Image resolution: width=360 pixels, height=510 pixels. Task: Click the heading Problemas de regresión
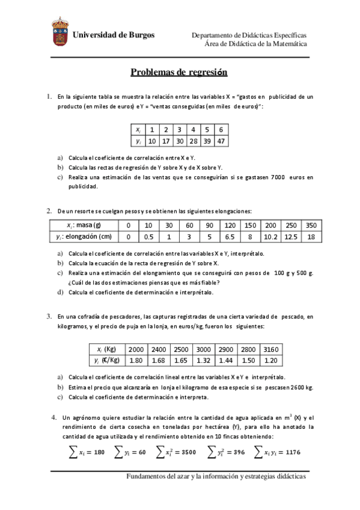click(x=179, y=73)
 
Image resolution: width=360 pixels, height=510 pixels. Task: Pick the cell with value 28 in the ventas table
click(x=192, y=141)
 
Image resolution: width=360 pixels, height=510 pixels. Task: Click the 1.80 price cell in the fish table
click(x=136, y=360)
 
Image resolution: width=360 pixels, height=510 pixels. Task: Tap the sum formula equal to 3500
click(x=175, y=452)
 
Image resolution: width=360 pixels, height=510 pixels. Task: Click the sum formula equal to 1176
click(x=277, y=452)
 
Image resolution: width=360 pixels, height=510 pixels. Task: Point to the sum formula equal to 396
click(x=225, y=452)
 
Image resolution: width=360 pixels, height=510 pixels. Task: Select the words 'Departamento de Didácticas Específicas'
click(x=249, y=35)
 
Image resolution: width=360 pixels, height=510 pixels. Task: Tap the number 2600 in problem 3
click(x=297, y=388)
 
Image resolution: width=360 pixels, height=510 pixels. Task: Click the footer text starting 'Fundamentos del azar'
click(x=216, y=476)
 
